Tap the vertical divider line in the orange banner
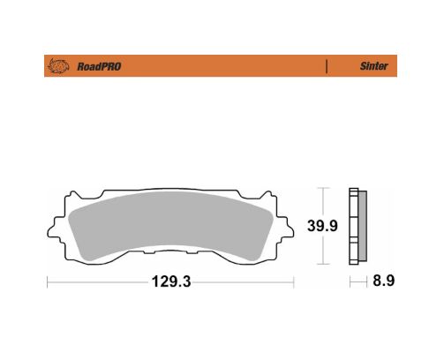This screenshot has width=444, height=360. click(x=327, y=65)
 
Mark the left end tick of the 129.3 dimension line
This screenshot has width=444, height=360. click(x=47, y=282)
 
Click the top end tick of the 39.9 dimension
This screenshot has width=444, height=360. click(x=325, y=189)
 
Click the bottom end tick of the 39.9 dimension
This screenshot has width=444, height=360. click(x=325, y=264)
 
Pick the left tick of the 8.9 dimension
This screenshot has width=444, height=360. click(x=350, y=282)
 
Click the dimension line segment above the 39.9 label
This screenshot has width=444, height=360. click(x=325, y=203)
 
